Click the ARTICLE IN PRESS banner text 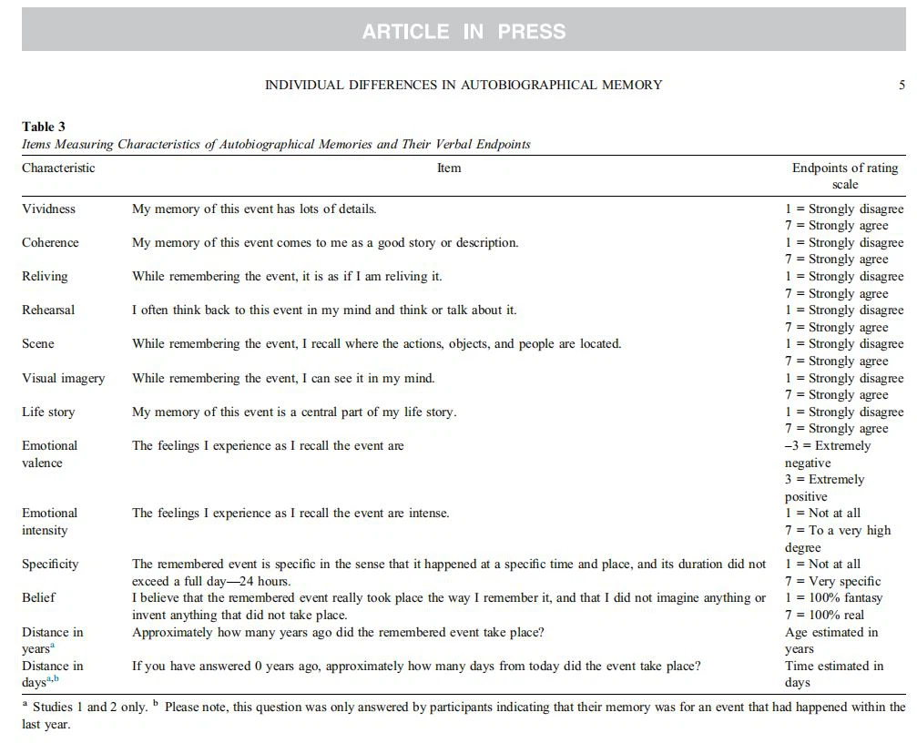(464, 32)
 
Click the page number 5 (902, 85)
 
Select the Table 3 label (44, 127)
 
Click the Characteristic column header (58, 168)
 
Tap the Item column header (449, 168)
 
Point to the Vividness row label (49, 209)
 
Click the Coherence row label (50, 242)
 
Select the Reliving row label (45, 276)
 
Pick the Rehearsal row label (48, 310)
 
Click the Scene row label (38, 343)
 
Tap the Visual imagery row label (63, 378)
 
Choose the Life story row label (48, 412)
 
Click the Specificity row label (50, 564)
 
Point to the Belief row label (38, 597)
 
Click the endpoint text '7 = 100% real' (825, 615)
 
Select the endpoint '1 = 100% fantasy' (832, 597)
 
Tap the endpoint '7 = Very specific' (833, 581)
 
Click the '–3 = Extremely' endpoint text (828, 445)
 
